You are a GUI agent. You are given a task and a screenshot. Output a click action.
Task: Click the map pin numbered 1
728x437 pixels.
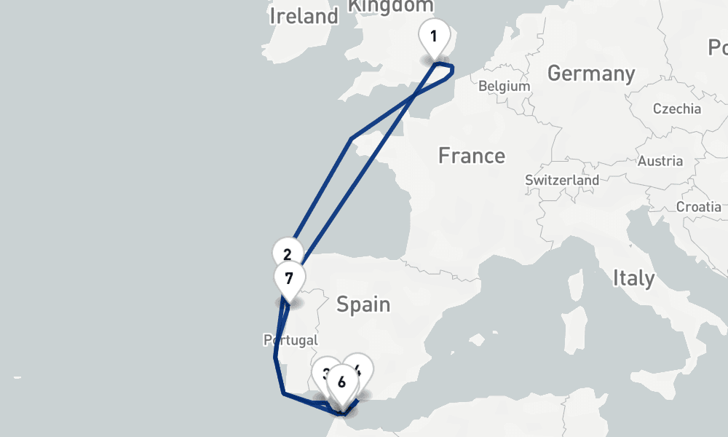tap(434, 36)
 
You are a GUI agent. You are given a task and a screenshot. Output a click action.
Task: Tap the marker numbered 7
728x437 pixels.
tap(289, 279)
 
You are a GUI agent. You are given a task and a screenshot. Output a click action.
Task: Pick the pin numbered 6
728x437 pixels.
tap(341, 382)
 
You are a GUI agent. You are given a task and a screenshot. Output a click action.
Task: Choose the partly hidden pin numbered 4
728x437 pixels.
tap(361, 368)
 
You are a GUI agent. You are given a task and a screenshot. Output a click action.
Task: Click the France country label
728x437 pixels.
tap(472, 156)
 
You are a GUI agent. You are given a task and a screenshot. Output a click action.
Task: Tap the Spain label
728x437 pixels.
tap(363, 304)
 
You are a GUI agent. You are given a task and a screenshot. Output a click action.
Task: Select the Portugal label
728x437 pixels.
tap(290, 340)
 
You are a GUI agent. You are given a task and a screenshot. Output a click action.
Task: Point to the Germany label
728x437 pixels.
tap(591, 74)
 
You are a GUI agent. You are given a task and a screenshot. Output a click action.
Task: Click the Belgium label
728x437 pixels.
tap(504, 86)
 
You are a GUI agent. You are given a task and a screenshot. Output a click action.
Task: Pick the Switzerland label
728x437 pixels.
tap(562, 180)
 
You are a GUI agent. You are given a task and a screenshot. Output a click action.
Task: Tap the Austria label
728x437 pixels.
tap(660, 161)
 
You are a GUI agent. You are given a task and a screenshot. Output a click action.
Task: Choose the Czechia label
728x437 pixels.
tap(677, 109)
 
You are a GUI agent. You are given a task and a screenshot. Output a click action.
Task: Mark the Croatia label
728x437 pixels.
tap(698, 207)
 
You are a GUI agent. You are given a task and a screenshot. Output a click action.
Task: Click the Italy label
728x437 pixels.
tap(633, 277)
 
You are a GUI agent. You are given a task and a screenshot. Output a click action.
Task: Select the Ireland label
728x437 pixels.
tap(304, 16)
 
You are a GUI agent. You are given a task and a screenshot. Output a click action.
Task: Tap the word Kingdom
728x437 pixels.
tap(391, 6)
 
